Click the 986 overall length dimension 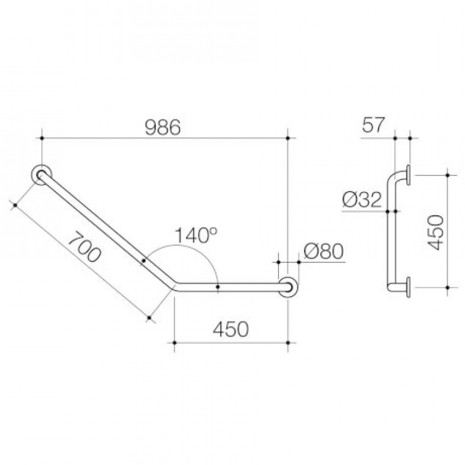[x=163, y=127]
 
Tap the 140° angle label [x=196, y=235]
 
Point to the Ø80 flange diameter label [x=323, y=252]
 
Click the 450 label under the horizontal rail [x=231, y=329]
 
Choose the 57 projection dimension [x=373, y=125]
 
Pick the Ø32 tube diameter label [x=361, y=199]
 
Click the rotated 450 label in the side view [x=436, y=233]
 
